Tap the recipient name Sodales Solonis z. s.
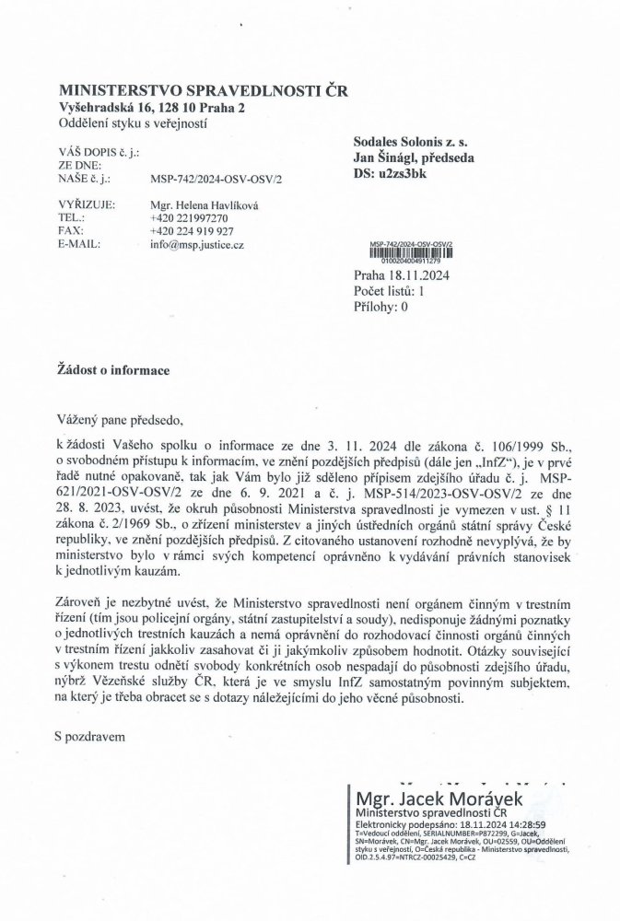click(410, 143)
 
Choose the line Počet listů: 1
click(388, 290)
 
